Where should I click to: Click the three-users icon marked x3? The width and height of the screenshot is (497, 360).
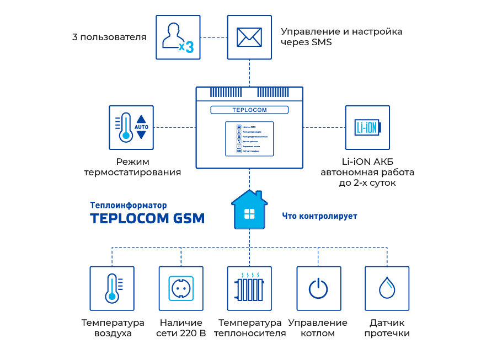point(178,37)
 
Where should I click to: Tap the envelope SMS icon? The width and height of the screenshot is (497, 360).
point(249,37)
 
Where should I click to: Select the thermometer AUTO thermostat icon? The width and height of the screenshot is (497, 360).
point(131,127)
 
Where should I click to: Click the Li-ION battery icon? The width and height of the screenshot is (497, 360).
point(367,127)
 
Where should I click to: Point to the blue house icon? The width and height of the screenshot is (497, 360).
point(249,210)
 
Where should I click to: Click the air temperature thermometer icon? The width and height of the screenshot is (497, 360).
point(112,288)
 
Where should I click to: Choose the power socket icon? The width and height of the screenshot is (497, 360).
point(181,288)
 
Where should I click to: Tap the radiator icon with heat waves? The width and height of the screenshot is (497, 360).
point(249,288)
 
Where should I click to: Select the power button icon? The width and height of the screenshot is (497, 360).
point(318,288)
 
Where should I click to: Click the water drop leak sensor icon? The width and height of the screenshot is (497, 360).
point(387,288)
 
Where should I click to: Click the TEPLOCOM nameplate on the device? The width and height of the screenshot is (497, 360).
point(249,110)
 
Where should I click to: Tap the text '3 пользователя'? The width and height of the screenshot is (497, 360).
point(109,37)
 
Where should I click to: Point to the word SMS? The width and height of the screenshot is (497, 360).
point(322,42)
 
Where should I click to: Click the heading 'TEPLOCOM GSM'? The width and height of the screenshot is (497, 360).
point(147,218)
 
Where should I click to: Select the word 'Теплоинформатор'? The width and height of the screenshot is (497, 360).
point(128,205)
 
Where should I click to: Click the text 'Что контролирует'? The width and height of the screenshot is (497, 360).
point(319,216)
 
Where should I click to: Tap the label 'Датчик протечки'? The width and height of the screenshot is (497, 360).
point(387,328)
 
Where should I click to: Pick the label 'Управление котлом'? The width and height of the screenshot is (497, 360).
point(318,328)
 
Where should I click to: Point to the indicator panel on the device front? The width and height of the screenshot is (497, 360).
point(249,138)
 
